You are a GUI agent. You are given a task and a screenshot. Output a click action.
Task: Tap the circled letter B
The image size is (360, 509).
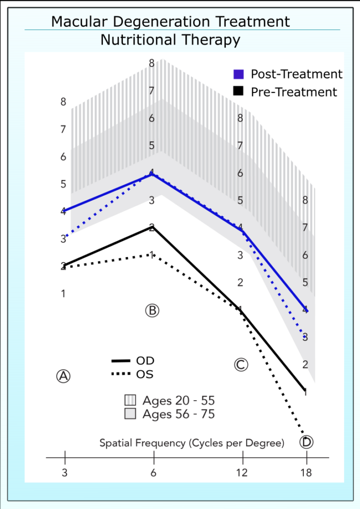[x=152, y=311]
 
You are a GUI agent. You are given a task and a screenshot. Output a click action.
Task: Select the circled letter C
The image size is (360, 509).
[x=241, y=365]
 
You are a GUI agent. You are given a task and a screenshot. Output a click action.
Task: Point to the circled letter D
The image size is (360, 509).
[x=306, y=441]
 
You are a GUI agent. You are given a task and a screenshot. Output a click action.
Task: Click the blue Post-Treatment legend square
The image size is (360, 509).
[x=239, y=74]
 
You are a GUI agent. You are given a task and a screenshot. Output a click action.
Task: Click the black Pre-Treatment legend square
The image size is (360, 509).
[x=239, y=92]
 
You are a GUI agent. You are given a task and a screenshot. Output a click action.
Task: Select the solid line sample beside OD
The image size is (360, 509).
[x=121, y=360]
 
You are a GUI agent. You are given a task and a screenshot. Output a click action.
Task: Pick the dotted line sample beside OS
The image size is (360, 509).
[x=121, y=374]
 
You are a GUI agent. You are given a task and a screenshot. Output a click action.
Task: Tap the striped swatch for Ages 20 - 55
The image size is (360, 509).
[x=130, y=401]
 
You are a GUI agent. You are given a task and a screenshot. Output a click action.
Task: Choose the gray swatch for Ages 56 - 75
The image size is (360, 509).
[x=130, y=414]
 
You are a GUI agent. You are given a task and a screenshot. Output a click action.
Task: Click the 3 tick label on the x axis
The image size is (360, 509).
[x=65, y=473]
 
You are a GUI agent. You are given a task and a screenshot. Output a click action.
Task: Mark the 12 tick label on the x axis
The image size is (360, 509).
[x=242, y=473]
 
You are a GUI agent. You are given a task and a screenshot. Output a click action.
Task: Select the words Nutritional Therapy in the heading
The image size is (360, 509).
[x=171, y=40]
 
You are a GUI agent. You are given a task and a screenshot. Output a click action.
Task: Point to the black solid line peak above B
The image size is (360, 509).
[x=152, y=227]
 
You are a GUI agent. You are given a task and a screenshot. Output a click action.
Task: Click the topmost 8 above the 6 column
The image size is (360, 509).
[x=152, y=63]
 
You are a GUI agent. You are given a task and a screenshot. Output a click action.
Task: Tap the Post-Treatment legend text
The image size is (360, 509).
[x=296, y=74]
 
